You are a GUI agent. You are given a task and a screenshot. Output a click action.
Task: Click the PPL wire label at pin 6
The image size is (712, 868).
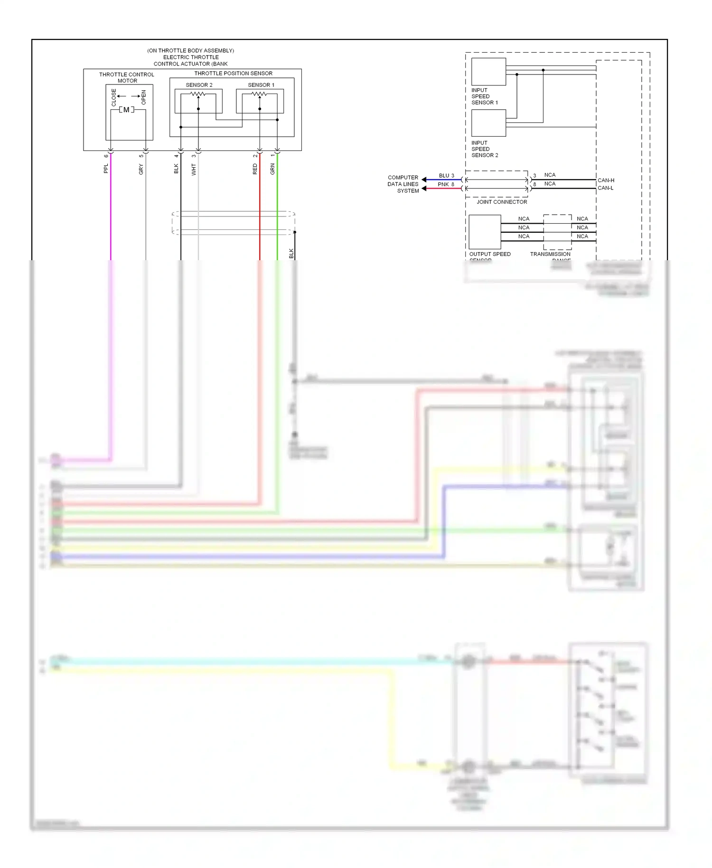pos(106,169)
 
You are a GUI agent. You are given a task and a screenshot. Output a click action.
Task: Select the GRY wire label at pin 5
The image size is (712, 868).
pos(141,169)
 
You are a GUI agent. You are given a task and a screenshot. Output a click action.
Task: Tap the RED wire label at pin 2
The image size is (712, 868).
pos(255,169)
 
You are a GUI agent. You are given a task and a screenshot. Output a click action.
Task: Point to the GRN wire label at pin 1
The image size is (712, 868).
pos(272,169)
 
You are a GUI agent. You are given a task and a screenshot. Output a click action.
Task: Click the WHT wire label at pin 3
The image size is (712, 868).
pos(194,170)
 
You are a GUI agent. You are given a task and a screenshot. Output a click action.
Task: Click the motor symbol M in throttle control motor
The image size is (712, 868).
pos(126,110)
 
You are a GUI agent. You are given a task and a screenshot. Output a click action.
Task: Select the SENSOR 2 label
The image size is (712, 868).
pos(199,85)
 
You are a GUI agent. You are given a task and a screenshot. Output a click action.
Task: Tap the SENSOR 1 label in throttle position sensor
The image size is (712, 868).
pos(261,85)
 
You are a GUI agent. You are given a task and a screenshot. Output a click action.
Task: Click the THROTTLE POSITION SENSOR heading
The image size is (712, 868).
pos(233,74)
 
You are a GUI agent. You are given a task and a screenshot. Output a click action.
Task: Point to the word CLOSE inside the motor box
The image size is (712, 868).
pos(114,97)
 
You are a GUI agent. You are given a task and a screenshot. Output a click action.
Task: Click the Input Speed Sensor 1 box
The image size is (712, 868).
pos(488,72)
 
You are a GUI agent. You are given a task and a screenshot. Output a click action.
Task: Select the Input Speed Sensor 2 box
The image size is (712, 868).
pos(488,123)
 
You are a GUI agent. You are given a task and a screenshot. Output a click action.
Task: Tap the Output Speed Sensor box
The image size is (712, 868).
pos(485,232)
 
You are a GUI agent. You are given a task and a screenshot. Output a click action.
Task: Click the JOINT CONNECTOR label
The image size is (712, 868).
pos(502,202)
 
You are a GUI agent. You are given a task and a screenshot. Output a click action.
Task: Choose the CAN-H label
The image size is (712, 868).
pos(606,180)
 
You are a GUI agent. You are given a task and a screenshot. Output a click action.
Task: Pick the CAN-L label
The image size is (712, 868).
pos(605,188)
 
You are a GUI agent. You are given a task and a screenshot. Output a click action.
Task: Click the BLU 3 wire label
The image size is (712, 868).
pos(446,176)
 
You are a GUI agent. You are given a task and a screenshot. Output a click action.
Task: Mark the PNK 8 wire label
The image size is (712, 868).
pos(446,184)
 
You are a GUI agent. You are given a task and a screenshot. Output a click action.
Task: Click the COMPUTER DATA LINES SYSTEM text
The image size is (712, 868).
pos(403,184)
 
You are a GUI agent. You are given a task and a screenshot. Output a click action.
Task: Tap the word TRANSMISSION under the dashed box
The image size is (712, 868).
pos(550,254)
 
